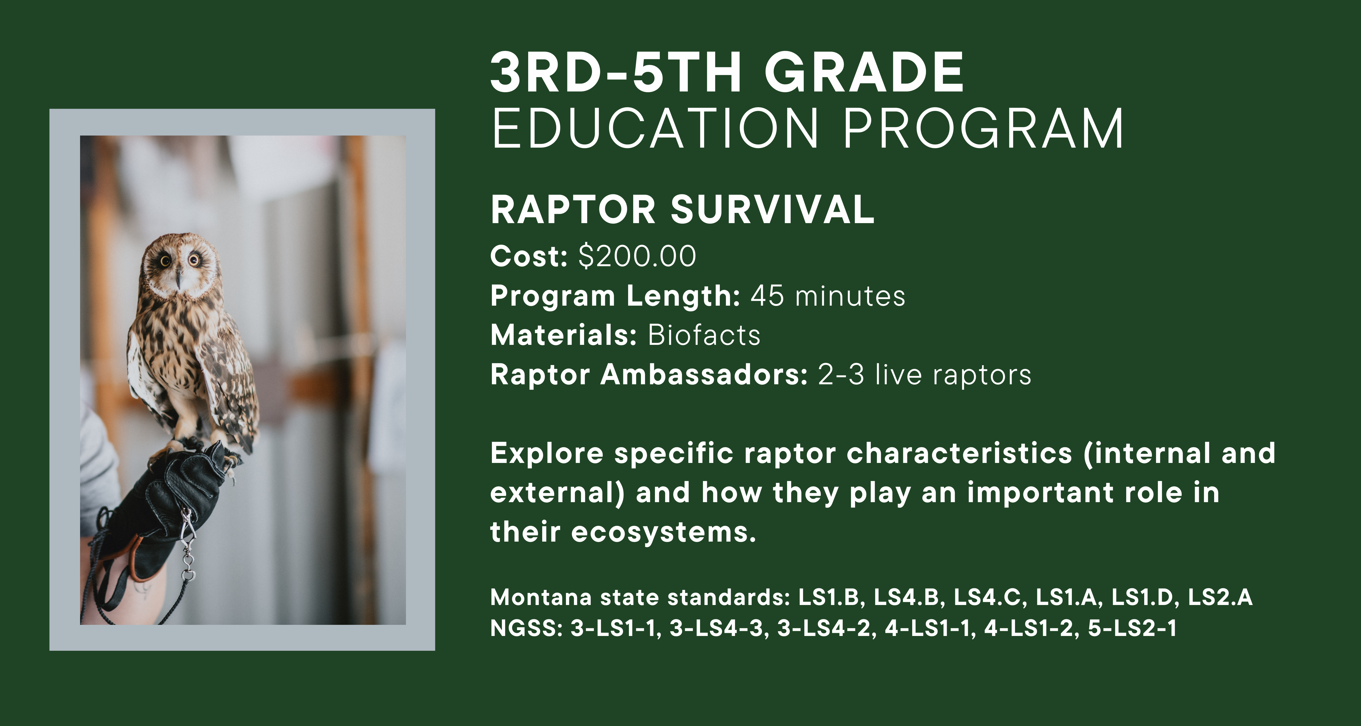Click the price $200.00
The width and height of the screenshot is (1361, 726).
[x=637, y=256]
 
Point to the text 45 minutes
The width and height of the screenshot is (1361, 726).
[x=828, y=296]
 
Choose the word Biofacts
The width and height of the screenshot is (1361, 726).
[x=704, y=335]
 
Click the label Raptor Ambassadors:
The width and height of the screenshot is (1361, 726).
[x=649, y=375]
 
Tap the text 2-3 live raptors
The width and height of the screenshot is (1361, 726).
[x=924, y=375]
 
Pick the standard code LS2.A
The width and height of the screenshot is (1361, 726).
[x=1220, y=597]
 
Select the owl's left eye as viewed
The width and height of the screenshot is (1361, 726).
[x=165, y=260]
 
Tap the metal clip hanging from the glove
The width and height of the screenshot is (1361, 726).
[x=187, y=544]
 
